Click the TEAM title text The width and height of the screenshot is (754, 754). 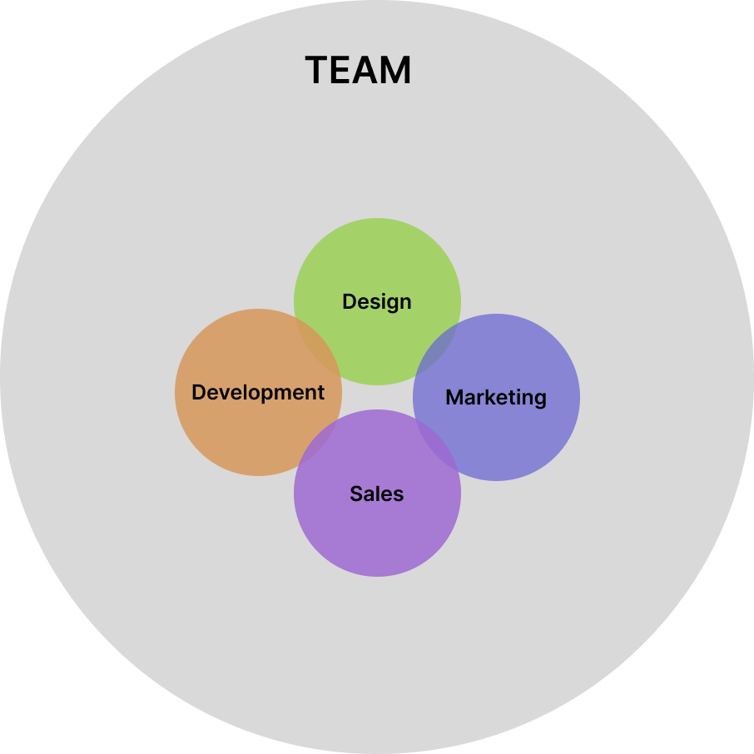358,71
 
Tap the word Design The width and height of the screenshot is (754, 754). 377,301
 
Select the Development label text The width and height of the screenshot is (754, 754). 258,392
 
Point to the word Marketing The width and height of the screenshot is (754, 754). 496,397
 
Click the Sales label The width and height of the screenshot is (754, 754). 377,494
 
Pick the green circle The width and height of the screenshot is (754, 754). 377,258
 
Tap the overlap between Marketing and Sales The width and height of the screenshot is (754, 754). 437,445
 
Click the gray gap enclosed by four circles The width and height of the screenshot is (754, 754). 377,397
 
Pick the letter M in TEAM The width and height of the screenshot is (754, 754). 395,71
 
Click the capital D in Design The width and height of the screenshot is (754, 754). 349,301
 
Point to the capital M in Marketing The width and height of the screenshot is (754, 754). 454,397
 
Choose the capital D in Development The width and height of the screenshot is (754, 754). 198,392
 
